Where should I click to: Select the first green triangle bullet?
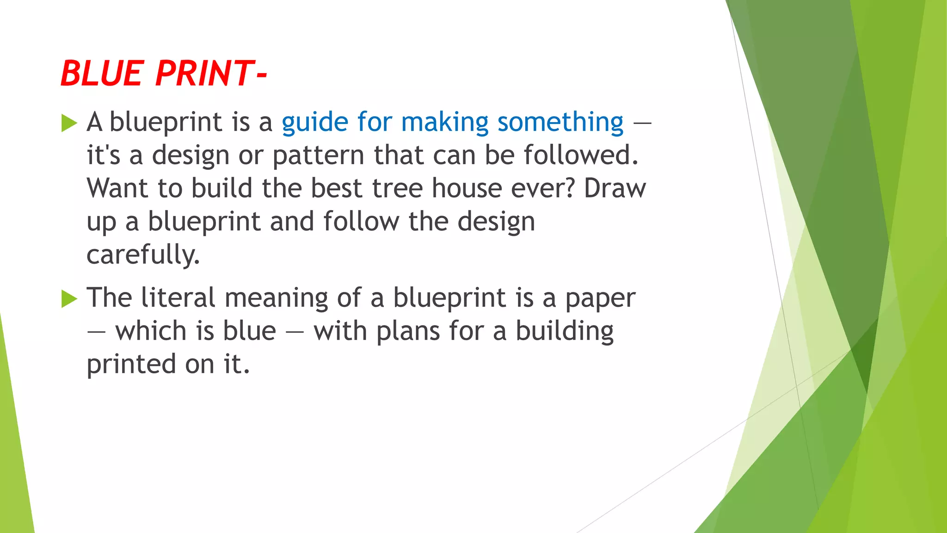click(69, 124)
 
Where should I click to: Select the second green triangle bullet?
click(69, 299)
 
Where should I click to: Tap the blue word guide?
click(314, 123)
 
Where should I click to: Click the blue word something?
click(560, 123)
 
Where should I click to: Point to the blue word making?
click(444, 123)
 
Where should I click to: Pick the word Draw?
click(615, 188)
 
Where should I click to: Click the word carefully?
click(143, 255)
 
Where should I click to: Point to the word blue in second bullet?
click(249, 331)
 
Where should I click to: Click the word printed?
click(131, 365)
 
